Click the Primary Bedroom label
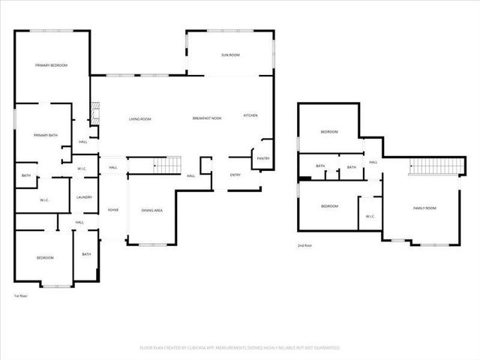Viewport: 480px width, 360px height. [x=51, y=66]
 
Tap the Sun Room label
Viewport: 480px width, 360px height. [x=229, y=55]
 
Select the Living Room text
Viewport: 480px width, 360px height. [x=139, y=119]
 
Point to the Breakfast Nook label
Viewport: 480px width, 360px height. [x=207, y=119]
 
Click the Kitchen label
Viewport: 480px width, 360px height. [x=250, y=115]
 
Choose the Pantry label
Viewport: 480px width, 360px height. [x=263, y=158]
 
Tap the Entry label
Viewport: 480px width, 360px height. [x=235, y=175]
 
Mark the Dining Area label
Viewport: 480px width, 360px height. [x=152, y=210]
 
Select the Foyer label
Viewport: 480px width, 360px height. [x=113, y=210]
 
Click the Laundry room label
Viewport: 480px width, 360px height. [x=84, y=197]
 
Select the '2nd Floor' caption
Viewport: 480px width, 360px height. [x=305, y=246]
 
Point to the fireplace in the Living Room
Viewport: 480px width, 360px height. [x=94, y=113]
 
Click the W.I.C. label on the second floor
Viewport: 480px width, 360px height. [x=370, y=217]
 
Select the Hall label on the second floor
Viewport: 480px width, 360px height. [x=373, y=162]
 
